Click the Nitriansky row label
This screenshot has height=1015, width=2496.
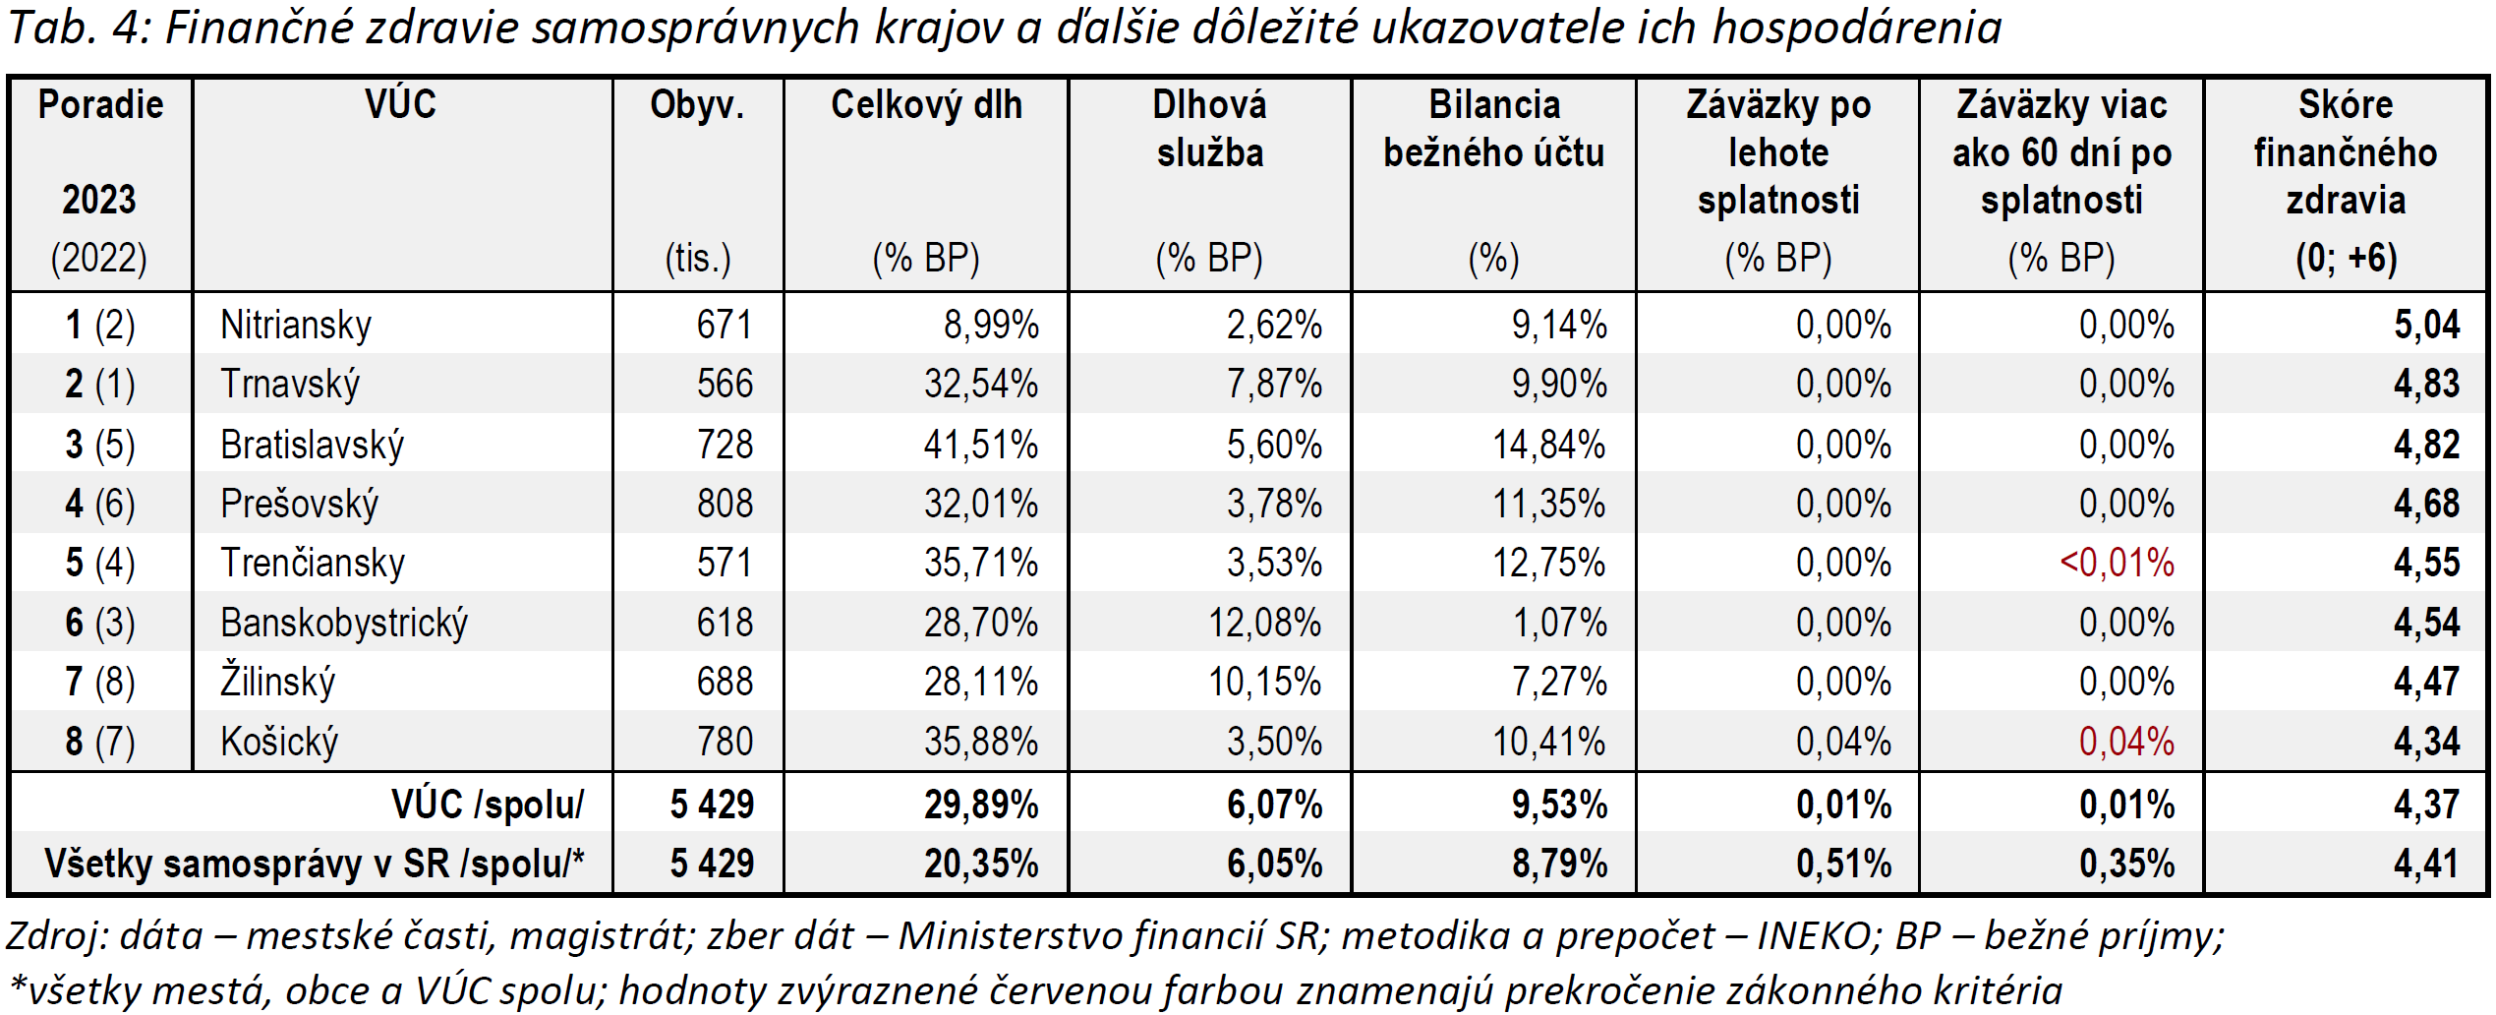click(296, 326)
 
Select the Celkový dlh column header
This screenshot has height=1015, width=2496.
click(926, 105)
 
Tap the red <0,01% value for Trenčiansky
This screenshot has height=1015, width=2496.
click(2117, 564)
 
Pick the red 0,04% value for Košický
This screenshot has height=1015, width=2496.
click(2125, 742)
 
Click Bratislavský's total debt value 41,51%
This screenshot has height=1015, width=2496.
click(980, 445)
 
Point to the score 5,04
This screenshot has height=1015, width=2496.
click(2426, 326)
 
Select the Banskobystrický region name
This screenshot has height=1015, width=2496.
click(344, 624)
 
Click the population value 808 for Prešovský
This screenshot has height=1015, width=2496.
click(725, 505)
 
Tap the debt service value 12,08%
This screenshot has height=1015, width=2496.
click(1264, 624)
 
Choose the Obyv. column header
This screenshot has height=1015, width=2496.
click(697, 105)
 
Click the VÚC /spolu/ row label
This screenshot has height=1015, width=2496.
click(488, 806)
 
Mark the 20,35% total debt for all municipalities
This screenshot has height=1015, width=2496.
click(980, 865)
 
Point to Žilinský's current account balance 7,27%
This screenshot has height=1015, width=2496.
click(1559, 683)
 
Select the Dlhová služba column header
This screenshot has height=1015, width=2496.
click(1209, 129)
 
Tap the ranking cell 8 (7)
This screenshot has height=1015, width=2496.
click(100, 742)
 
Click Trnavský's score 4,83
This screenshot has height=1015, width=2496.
click(2426, 385)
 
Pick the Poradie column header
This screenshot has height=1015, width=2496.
click(100, 105)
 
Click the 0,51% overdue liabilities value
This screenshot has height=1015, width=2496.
click(1843, 865)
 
